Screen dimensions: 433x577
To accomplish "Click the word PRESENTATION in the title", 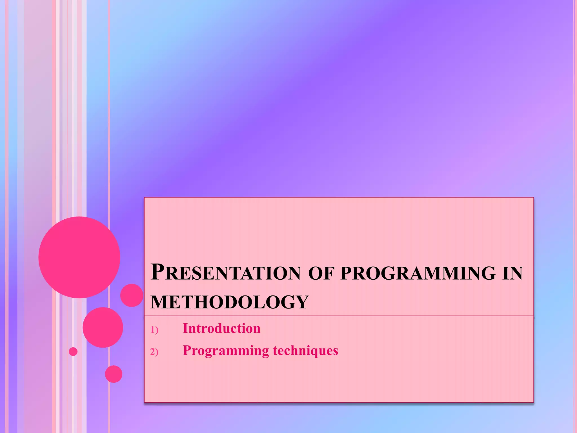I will click(x=226, y=272).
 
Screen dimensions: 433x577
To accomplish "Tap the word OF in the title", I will click(x=321, y=273).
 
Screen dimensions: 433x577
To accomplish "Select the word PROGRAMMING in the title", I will click(x=418, y=273).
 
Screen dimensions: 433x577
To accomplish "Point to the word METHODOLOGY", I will click(x=230, y=302).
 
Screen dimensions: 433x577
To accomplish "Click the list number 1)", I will click(x=154, y=330).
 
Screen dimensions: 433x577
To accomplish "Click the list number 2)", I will click(x=154, y=352).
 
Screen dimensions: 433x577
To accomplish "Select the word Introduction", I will click(x=221, y=328).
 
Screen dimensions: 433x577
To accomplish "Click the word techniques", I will click(x=305, y=350).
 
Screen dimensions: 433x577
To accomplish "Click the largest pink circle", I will click(x=79, y=257).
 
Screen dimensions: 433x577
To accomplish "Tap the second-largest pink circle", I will click(x=103, y=327).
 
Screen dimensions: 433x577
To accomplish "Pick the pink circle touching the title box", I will click(x=132, y=295).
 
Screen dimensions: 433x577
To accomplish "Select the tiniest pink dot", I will click(x=73, y=352).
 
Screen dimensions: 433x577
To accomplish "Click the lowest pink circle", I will click(x=114, y=374).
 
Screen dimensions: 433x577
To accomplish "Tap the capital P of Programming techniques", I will click(x=187, y=350).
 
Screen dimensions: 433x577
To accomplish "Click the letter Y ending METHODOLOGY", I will click(x=302, y=302).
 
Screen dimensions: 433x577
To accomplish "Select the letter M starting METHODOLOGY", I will click(x=159, y=302).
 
